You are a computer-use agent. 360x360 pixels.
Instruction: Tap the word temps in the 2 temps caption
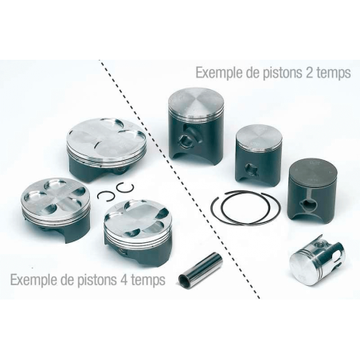(x=337, y=72)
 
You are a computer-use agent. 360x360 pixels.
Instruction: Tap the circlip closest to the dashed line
(x=125, y=189)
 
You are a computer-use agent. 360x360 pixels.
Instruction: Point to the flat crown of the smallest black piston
(x=259, y=138)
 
